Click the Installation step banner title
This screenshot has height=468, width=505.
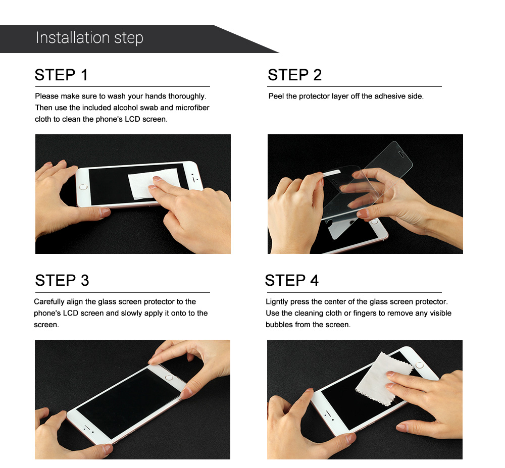pyautogui.click(x=89, y=38)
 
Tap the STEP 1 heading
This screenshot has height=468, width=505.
pyautogui.click(x=61, y=75)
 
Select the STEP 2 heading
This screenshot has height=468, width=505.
pyautogui.click(x=295, y=75)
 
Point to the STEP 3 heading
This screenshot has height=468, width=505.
pyautogui.click(x=62, y=280)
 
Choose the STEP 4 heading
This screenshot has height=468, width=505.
pyautogui.click(x=292, y=280)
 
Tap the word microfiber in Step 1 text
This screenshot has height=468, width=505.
pyautogui.click(x=192, y=108)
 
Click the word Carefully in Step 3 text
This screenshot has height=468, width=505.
pyautogui.click(x=49, y=302)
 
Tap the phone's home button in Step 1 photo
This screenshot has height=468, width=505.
pyautogui.click(x=83, y=187)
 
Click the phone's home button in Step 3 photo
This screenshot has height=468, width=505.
pyautogui.click(x=169, y=377)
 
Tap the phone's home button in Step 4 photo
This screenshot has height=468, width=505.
pyautogui.click(x=419, y=366)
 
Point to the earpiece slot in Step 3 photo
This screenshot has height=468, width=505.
pyautogui.click(x=87, y=428)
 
